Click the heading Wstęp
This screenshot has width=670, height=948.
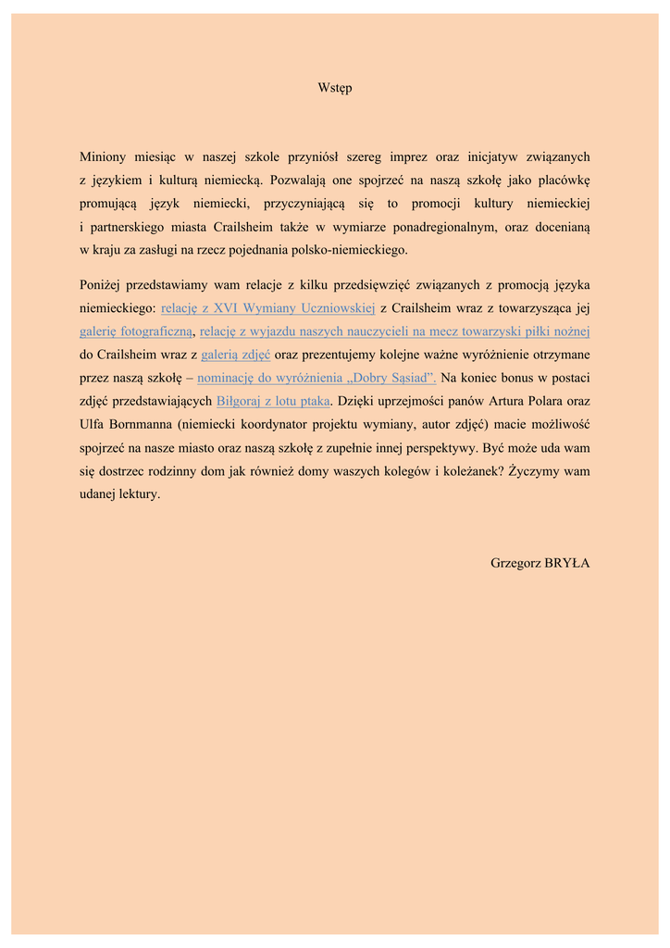(334, 88)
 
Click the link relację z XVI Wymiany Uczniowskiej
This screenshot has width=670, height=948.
(267, 308)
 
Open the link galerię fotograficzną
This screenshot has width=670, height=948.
(135, 331)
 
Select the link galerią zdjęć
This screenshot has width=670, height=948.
(235, 355)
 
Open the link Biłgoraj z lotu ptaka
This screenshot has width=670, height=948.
(272, 401)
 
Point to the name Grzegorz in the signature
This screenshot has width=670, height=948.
(515, 563)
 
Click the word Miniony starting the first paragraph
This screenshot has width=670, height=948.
(104, 157)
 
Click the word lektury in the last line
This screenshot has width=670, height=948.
(139, 494)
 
